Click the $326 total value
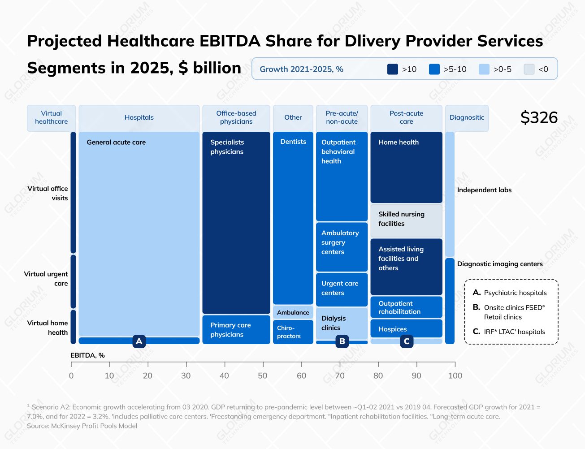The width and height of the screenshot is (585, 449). (539, 117)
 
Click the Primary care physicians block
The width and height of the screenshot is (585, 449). (236, 330)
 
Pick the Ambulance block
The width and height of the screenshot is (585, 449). (293, 312)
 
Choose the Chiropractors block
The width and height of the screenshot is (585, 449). (293, 332)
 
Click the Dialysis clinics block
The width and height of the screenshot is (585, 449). (342, 323)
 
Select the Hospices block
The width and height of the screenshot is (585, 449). (406, 329)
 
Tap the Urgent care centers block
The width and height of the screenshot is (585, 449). (342, 289)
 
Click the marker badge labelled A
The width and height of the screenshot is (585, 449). (139, 341)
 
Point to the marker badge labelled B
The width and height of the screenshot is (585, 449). (342, 341)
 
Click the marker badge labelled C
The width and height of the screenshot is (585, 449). (407, 341)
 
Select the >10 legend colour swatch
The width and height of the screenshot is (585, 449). (392, 69)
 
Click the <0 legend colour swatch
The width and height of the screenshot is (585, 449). (529, 69)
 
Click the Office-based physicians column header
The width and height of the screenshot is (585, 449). (236, 118)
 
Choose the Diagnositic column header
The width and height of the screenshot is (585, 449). (467, 118)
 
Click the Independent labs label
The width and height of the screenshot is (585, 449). (484, 190)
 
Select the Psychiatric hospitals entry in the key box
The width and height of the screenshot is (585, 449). (515, 293)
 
